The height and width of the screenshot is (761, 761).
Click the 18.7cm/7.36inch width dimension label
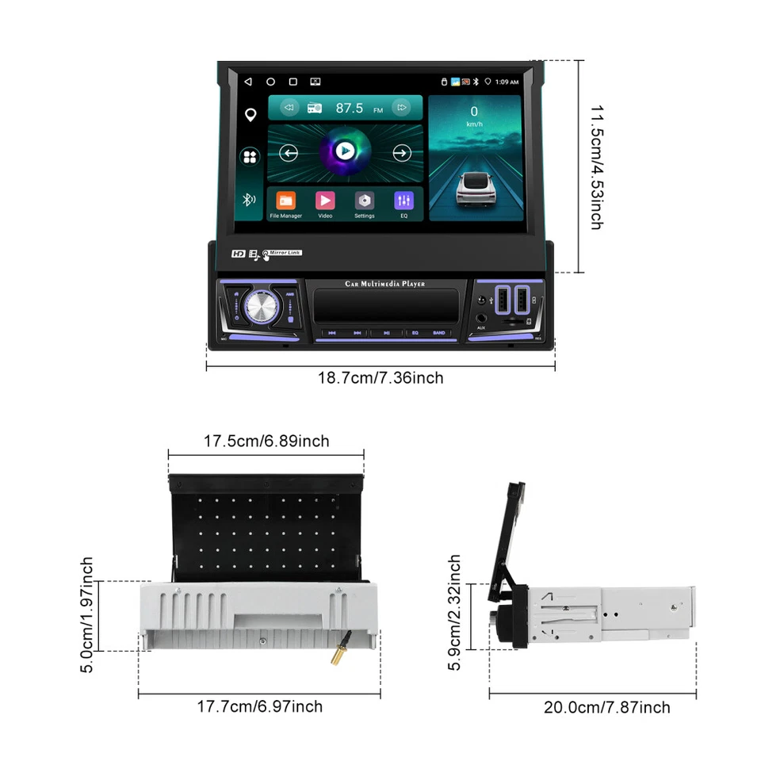[380, 378]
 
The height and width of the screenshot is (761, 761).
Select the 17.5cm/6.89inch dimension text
[266, 441]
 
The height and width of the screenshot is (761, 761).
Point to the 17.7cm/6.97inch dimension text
[260, 706]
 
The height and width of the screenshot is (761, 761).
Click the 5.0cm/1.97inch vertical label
[87, 615]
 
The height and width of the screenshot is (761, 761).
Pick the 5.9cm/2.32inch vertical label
[454, 613]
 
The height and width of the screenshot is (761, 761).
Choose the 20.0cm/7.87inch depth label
[607, 707]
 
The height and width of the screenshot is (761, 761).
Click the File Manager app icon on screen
[285, 201]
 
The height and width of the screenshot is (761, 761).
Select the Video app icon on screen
[325, 201]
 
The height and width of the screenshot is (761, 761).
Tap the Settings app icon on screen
[364, 201]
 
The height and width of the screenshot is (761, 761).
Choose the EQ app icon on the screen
[403, 201]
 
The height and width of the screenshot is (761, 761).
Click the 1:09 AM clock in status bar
[507, 82]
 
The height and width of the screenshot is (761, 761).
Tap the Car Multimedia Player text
[384, 284]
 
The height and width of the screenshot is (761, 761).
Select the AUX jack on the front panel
[481, 319]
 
